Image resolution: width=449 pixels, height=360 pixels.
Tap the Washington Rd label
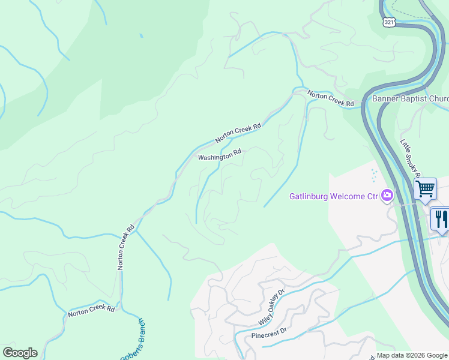click(x=219, y=155)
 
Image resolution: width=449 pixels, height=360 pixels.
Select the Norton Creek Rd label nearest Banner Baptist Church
click(x=331, y=99)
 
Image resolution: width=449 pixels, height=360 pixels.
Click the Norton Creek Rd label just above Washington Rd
click(x=239, y=133)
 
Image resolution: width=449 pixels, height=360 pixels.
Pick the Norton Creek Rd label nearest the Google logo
click(x=91, y=311)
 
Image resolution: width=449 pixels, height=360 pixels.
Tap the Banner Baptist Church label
click(x=410, y=99)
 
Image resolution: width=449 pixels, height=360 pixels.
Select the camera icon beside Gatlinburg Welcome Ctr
click(x=387, y=195)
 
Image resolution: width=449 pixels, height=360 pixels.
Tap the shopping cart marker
click(x=425, y=188)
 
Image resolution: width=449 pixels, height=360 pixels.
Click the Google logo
click(x=20, y=353)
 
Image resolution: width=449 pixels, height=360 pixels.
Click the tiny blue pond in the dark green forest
click(x=142, y=36)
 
